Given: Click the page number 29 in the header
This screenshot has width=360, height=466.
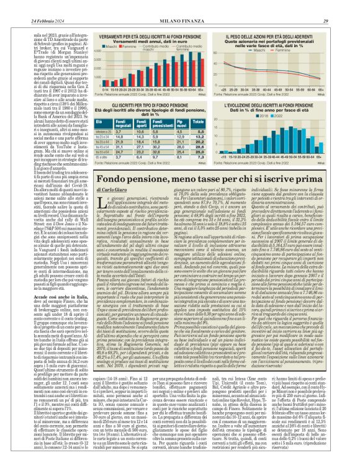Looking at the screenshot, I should click(342, 5).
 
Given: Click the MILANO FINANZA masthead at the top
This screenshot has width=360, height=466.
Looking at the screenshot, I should click(179, 5).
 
